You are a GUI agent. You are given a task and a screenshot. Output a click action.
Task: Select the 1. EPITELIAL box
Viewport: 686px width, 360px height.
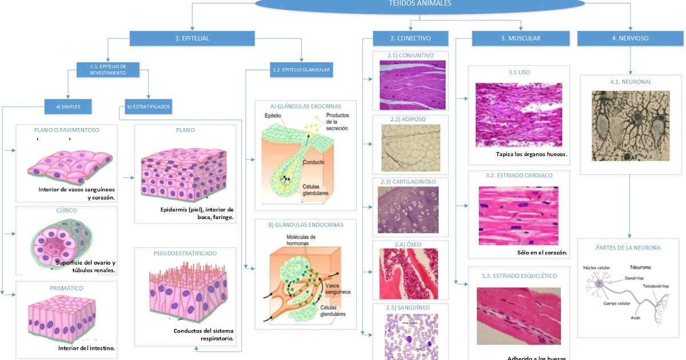coord(192,38)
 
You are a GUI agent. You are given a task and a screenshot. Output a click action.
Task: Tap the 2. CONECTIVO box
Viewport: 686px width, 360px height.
coord(410,38)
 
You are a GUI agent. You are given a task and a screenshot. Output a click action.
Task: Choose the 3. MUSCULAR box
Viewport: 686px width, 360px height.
coord(520,38)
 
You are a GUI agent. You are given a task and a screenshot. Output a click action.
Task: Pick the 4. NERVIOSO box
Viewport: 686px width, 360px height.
coord(630,38)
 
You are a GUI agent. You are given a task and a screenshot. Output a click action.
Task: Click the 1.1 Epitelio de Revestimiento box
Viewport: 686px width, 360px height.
coord(107,70)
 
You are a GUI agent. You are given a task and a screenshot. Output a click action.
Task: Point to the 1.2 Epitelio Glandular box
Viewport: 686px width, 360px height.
coord(301,70)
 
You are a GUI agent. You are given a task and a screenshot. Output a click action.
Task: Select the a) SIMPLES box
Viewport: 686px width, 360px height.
coord(68,106)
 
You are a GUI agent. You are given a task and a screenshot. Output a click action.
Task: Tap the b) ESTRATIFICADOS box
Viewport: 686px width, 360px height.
coord(147,106)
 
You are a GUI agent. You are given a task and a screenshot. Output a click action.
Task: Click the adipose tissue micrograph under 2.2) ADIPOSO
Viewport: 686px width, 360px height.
coord(411,147)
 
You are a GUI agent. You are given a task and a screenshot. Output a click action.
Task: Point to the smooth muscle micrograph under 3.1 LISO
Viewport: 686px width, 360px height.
coord(519,115)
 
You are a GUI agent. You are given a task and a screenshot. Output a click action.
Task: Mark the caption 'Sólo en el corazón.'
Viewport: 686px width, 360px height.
coord(538,252)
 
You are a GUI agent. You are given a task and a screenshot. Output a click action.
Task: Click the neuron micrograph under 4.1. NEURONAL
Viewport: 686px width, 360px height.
coord(629,125)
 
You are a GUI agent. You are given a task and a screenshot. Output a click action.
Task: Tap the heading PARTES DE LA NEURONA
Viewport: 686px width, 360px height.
coord(628,248)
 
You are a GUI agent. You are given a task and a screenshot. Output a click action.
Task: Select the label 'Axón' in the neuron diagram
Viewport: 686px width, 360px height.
coord(635,317)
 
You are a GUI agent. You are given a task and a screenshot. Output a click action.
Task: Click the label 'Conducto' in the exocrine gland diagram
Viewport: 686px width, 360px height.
coord(314,162)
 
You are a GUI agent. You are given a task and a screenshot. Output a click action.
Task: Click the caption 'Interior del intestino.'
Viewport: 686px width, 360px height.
coord(86,347)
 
